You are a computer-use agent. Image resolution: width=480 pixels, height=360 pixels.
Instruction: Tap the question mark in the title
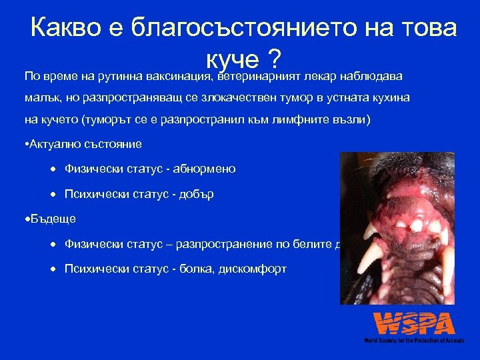coord(272,60)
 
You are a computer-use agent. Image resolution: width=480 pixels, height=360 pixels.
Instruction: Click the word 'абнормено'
coord(204,169)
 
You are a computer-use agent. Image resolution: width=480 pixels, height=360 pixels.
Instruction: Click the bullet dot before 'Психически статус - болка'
coord(54,269)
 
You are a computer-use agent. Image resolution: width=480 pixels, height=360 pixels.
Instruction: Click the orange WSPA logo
coord(414,323)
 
